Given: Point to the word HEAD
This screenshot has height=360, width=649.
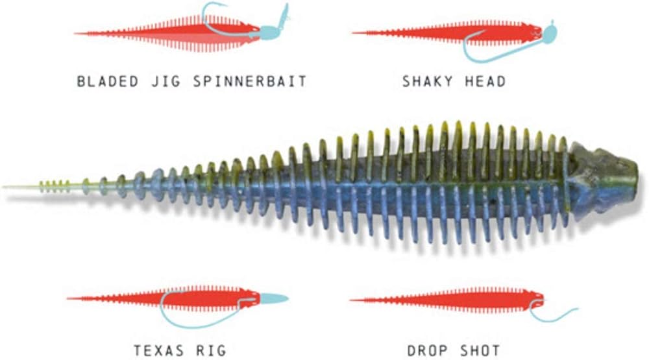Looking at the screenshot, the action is [x=484, y=82].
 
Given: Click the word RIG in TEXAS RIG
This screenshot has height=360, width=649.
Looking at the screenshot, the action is [x=212, y=351].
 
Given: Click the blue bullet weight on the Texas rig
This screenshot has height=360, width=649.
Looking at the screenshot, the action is [x=274, y=298].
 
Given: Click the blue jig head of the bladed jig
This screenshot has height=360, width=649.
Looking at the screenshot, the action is [x=269, y=31].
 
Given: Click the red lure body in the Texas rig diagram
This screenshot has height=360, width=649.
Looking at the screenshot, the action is [x=195, y=298].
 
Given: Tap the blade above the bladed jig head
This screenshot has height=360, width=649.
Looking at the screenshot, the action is [x=283, y=14].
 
